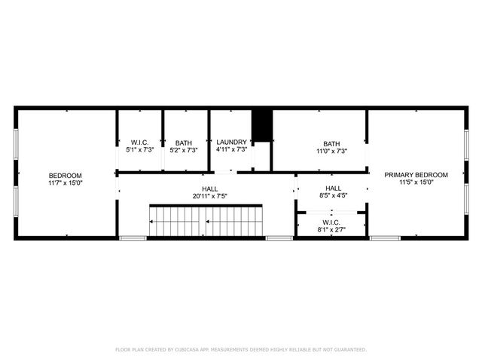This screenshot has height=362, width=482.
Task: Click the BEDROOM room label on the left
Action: pos(65,175)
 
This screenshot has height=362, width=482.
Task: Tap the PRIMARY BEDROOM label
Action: pos(416,175)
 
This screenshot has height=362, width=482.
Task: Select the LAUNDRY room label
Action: pos(231,142)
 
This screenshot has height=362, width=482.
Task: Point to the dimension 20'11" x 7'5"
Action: pos(209,196)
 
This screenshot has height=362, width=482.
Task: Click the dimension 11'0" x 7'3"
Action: pos(331,152)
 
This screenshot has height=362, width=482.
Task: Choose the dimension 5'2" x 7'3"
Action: pos(184,151)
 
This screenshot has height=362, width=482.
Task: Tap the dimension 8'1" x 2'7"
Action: pos(332,229)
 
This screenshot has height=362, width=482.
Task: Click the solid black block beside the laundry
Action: pos(261,125)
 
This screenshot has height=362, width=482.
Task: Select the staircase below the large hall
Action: pos(206,221)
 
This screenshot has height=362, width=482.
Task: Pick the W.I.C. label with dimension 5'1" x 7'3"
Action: pos(139,143)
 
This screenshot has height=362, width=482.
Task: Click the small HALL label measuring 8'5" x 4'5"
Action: pos(333,189)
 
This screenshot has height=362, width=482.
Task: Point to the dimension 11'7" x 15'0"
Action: pos(65,183)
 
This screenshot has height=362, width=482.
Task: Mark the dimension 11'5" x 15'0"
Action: pos(416,183)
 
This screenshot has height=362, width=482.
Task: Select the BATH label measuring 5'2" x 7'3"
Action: pos(184,143)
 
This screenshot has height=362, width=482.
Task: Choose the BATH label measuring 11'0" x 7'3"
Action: pos(331,144)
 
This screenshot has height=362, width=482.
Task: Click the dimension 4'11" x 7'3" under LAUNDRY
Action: pos(231,150)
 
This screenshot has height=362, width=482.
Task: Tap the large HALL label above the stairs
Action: pos(209,189)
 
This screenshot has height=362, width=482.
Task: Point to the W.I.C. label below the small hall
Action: pos(332,222)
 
